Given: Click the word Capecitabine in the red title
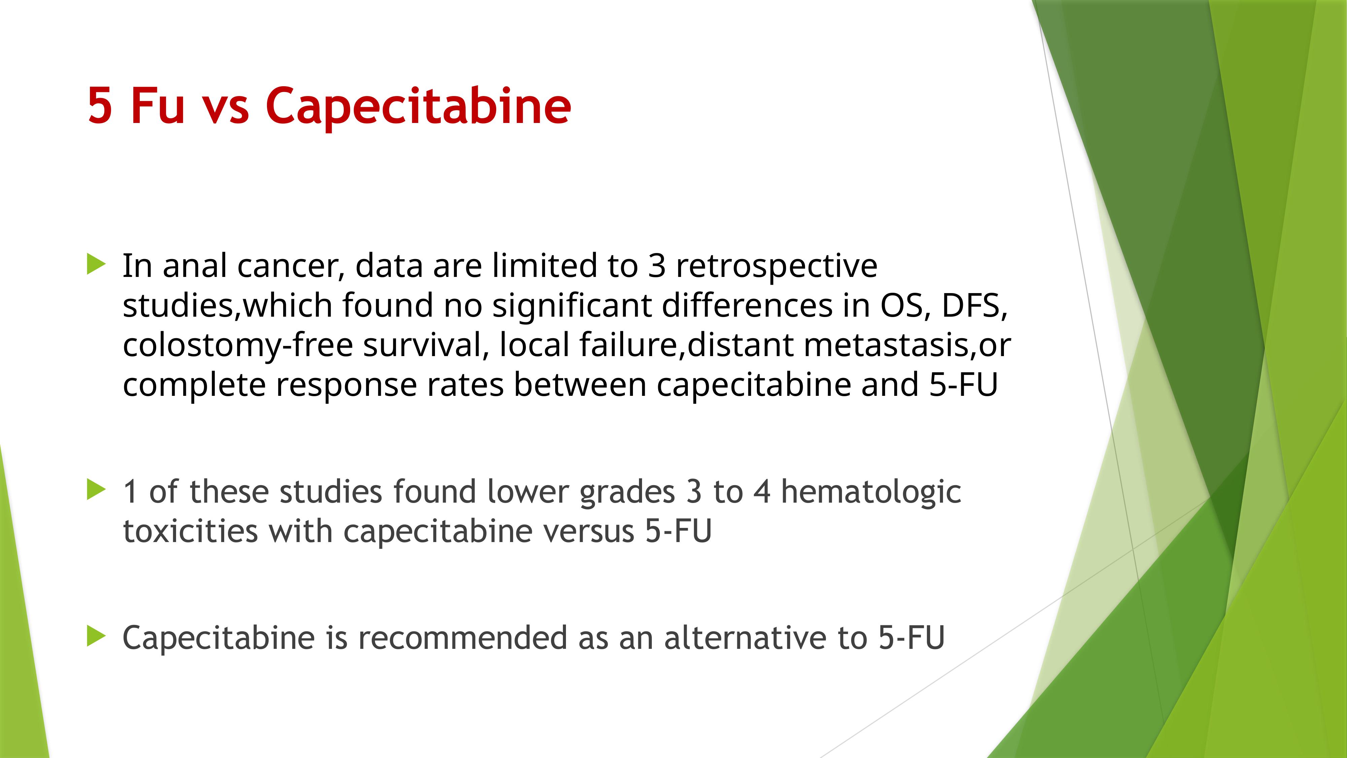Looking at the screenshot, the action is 418,106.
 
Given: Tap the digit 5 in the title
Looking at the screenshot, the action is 100,106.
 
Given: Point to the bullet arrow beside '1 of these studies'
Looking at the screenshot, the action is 96,489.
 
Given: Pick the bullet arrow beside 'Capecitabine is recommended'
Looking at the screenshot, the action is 96,636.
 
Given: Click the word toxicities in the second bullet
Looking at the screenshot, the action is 190,532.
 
